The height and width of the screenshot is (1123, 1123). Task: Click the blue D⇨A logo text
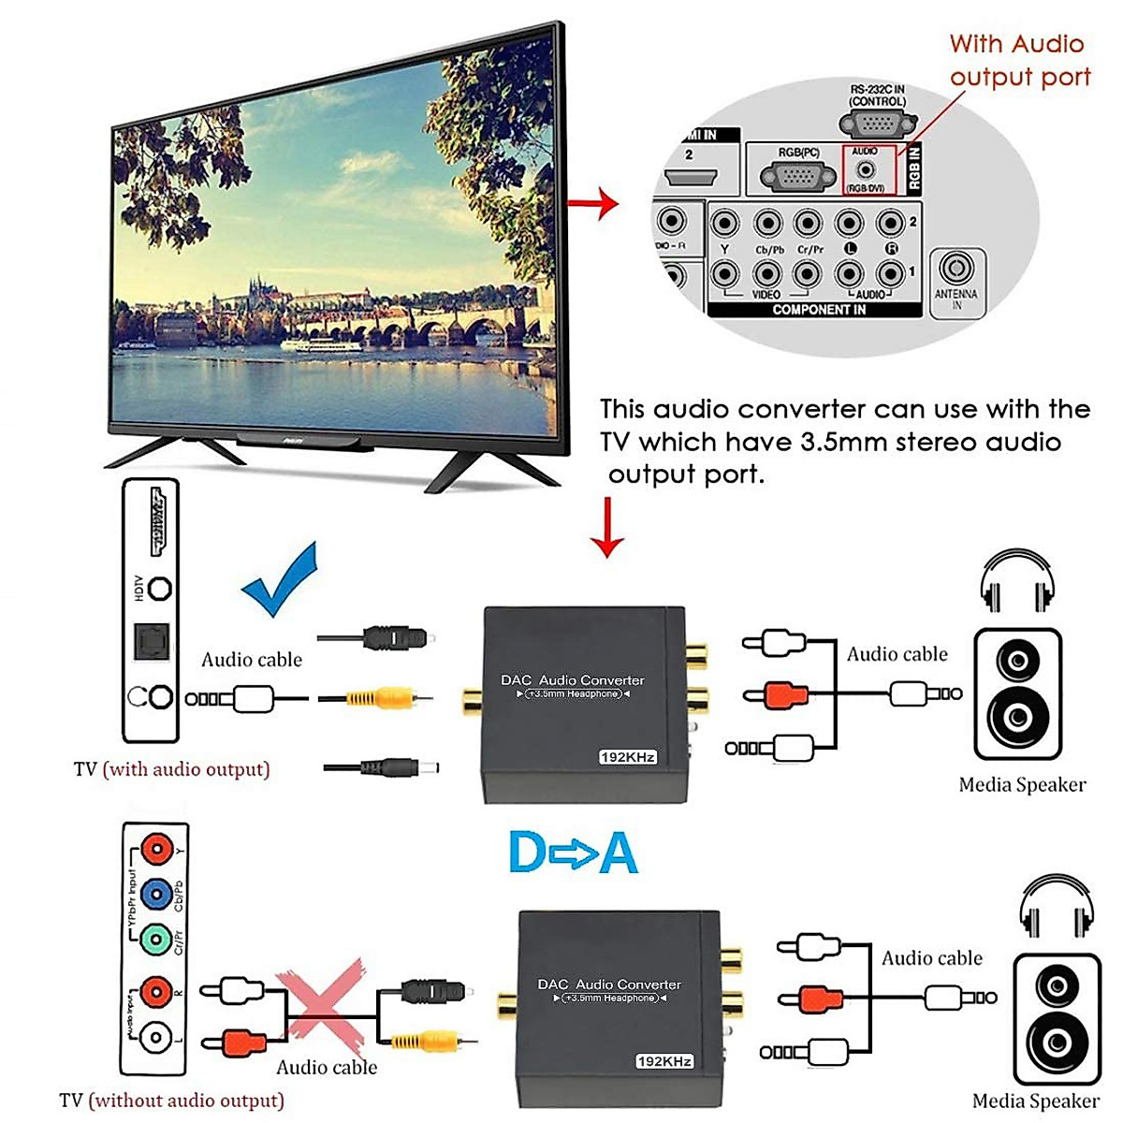[x=573, y=853]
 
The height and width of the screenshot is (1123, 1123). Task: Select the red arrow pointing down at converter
[x=609, y=526]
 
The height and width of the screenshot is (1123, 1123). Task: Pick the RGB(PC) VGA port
[x=797, y=175]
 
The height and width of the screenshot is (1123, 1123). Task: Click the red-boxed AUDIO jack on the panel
[x=868, y=170]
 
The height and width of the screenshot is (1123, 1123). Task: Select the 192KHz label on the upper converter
[x=627, y=756]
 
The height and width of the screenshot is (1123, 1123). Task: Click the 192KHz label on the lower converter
[x=664, y=1061]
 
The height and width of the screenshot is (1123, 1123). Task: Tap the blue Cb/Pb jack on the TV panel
[x=156, y=894]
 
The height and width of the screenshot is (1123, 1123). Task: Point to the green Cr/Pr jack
[x=155, y=939]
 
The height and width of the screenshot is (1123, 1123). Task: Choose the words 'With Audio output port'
[x=1019, y=61]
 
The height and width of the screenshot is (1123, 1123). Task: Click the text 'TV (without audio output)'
[x=171, y=1101]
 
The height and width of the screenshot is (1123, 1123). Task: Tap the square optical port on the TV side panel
[x=150, y=641]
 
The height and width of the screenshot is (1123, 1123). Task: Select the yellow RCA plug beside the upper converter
[x=379, y=697]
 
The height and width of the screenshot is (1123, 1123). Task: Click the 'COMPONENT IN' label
[x=818, y=310]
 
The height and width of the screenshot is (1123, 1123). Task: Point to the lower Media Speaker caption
[x=1035, y=1101]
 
